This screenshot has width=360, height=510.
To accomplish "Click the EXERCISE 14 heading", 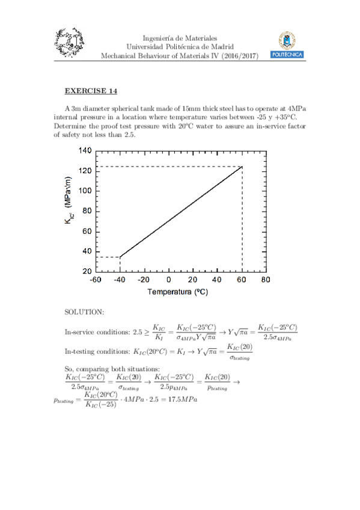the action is click(x=91, y=91).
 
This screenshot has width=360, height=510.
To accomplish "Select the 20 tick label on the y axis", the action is click(x=87, y=271).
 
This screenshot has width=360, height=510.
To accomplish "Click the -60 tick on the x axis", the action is click(x=96, y=280).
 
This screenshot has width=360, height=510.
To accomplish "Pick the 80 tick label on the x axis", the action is click(x=266, y=280).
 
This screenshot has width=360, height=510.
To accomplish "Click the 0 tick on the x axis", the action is click(x=168, y=280).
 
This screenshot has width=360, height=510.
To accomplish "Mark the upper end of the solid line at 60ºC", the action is click(x=242, y=167).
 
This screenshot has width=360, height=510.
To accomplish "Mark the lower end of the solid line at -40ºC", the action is click(x=120, y=257).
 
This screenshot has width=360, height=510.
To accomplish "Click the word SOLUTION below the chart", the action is click(x=84, y=312).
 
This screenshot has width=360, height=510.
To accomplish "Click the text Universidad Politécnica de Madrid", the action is click(x=180, y=46).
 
